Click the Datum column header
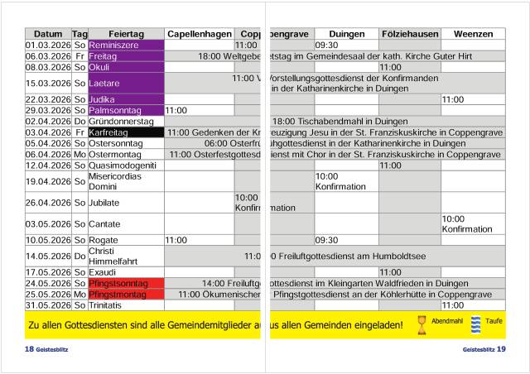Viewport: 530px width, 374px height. click(48, 34)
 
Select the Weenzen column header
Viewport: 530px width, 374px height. click(472, 34)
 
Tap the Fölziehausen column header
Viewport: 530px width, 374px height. click(410, 34)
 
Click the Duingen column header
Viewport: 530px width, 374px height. click(346, 34)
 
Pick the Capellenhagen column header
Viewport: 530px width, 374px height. click(200, 34)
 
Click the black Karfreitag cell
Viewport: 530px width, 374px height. click(126, 132)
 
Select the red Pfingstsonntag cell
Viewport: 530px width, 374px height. click(126, 284)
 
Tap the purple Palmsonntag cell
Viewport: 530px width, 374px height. click(126, 110)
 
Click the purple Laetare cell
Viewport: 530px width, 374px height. click(126, 84)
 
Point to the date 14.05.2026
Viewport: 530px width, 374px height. click(48, 257)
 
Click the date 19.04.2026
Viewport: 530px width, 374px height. click(48, 181)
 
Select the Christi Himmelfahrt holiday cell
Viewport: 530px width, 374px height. click(126, 257)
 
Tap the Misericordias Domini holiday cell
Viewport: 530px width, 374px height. click(126, 181)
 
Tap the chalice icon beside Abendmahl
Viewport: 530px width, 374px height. click(422, 324)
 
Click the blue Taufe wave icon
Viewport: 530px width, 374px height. click(476, 324)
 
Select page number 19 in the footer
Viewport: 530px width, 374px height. click(501, 349)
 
